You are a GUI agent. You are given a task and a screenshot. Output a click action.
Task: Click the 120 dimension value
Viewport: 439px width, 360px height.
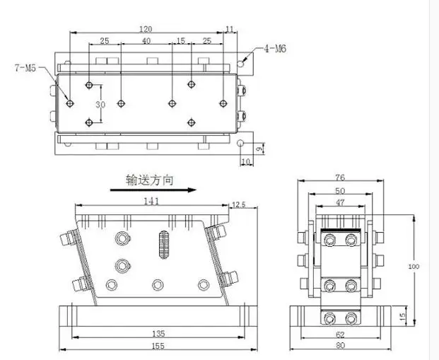pyautogui.click(x=146, y=29)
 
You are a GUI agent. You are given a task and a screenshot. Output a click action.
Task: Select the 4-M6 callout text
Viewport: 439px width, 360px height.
pyautogui.click(x=275, y=49)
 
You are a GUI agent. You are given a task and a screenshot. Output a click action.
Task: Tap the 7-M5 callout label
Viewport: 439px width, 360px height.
pyautogui.click(x=25, y=68)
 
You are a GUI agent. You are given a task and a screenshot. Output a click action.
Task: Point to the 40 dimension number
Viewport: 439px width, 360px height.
pyautogui.click(x=146, y=41)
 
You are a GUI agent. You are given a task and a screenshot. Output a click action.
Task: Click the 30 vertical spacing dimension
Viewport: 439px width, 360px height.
pyautogui.click(x=100, y=105)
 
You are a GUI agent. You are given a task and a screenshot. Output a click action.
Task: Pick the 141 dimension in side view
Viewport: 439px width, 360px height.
pyautogui.click(x=151, y=201)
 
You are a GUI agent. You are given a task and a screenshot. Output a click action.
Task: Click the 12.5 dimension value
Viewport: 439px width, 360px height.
pyautogui.click(x=239, y=204)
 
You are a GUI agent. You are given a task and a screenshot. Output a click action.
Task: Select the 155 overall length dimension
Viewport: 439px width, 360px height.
pyautogui.click(x=158, y=346)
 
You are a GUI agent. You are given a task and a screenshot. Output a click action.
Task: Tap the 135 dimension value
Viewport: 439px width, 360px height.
pyautogui.click(x=158, y=334)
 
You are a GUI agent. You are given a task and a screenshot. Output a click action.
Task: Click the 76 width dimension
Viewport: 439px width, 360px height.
pyautogui.click(x=340, y=178)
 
